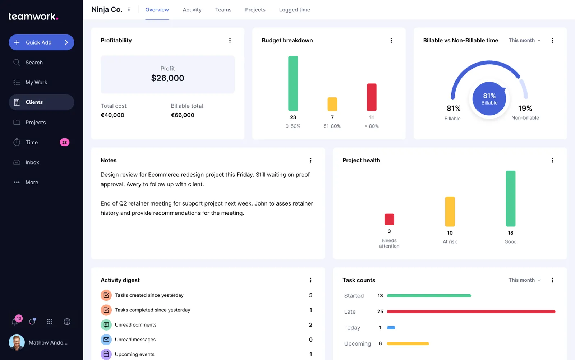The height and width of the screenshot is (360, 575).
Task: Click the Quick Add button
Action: [41, 42]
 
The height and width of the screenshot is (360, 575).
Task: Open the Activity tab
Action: [192, 10]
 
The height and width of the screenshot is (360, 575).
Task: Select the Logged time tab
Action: [294, 10]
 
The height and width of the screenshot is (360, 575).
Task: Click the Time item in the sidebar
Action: [32, 142]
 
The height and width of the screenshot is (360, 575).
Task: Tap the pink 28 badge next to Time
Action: [64, 142]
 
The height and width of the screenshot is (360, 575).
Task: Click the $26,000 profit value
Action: [167, 78]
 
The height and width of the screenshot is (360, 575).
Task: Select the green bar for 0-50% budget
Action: [293, 83]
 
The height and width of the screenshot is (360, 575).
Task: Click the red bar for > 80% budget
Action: [371, 97]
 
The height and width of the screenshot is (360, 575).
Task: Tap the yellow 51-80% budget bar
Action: [332, 104]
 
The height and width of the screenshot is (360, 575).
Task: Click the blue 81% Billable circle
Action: [489, 98]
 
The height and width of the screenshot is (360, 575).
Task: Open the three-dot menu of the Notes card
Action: [310, 160]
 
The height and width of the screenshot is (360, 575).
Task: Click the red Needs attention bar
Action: [389, 219]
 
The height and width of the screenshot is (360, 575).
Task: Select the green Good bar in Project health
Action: [510, 198]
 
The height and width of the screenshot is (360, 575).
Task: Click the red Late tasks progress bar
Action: [471, 311]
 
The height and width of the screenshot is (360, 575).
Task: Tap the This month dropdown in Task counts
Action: [524, 280]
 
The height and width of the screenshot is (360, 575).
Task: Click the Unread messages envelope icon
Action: [106, 340]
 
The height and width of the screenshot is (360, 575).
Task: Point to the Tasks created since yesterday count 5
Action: [310, 295]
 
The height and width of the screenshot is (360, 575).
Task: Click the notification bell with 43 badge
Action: [15, 322]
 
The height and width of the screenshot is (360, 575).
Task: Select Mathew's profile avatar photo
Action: [17, 342]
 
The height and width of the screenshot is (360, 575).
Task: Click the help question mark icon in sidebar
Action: [67, 322]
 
